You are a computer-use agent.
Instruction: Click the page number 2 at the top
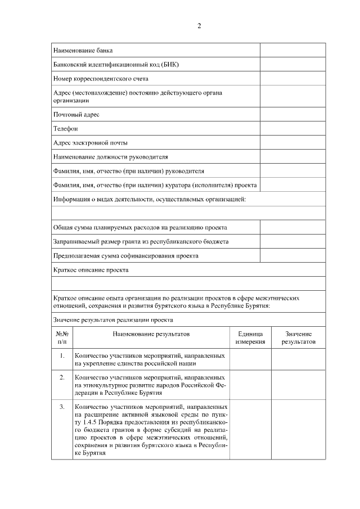pyautogui.click(x=199, y=26)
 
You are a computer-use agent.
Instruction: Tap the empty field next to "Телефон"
pyautogui.click(x=285, y=128)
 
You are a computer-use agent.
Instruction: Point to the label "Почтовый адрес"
pyautogui.click(x=76, y=114)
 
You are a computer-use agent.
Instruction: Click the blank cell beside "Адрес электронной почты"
pyautogui.click(x=285, y=142)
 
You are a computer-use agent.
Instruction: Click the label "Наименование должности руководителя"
pyautogui.click(x=111, y=156)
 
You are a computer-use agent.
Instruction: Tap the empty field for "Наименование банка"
pyautogui.click(x=285, y=51)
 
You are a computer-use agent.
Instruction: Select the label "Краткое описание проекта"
pyautogui.click(x=91, y=269)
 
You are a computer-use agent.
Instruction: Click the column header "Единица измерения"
pyautogui.click(x=250, y=337)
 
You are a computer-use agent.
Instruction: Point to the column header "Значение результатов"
pyautogui.click(x=298, y=337)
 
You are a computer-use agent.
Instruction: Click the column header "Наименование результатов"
pyautogui.click(x=151, y=334)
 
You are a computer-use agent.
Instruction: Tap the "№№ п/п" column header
pyautogui.click(x=62, y=337)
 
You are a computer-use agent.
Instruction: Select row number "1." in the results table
pyautogui.click(x=62, y=356)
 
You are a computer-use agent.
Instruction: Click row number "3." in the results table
pyautogui.click(x=62, y=406)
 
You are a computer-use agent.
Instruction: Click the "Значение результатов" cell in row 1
pyautogui.click(x=298, y=359)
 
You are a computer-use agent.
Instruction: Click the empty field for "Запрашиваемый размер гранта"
pyautogui.click(x=285, y=241)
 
